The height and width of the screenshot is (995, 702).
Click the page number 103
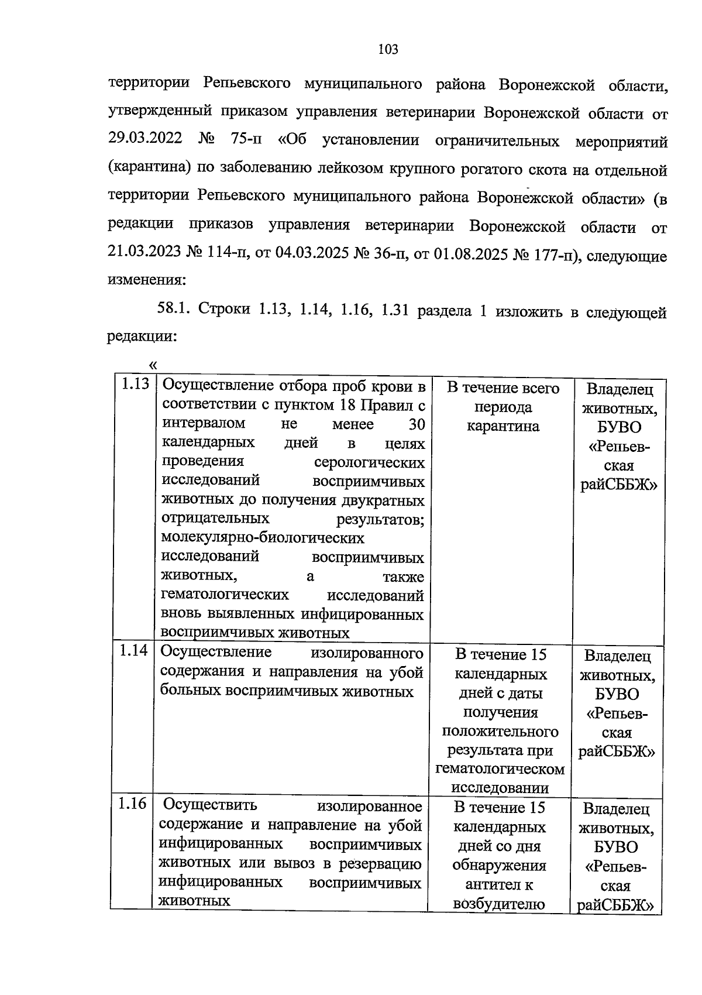coord(388,50)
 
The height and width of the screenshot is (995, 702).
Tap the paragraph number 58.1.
coord(173,310)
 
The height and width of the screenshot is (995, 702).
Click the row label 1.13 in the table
coord(134,386)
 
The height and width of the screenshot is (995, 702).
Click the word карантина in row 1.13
coord(503,426)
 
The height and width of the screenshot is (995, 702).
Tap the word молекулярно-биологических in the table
coord(262,537)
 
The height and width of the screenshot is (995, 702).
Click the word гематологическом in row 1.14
coord(500,768)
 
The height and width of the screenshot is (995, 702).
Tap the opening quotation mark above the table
coord(153,366)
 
